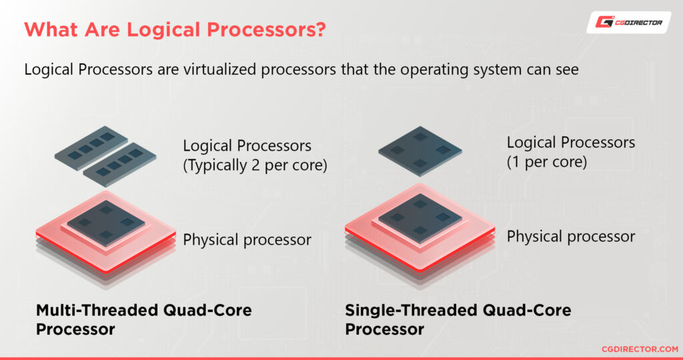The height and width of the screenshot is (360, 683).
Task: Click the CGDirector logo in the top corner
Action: (x=629, y=23)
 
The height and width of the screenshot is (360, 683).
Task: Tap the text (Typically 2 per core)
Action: (x=255, y=165)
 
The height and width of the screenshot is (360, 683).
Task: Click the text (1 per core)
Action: (x=547, y=161)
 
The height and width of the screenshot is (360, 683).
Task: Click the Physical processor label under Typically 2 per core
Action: (x=247, y=240)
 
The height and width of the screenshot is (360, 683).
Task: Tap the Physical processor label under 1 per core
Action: (x=571, y=236)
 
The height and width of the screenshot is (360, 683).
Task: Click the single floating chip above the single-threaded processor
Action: (x=420, y=151)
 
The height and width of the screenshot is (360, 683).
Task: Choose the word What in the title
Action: (x=47, y=30)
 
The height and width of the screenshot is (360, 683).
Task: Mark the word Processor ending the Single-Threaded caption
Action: (x=384, y=329)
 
